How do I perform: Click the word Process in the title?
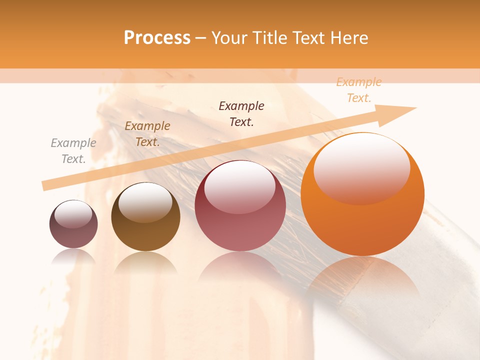point(157,38)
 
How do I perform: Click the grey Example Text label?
point(73,151)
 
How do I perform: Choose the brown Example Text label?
point(147,134)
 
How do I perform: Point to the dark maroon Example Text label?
point(241,114)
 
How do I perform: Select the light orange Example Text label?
point(358,90)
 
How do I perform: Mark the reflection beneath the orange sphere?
point(362,275)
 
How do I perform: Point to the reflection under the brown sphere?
point(145,262)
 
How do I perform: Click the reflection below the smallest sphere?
point(73,256)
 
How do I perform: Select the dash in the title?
point(201,38)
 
